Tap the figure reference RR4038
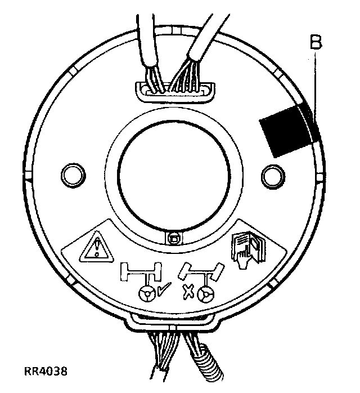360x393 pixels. point(48,372)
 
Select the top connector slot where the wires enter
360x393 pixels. point(174,88)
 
